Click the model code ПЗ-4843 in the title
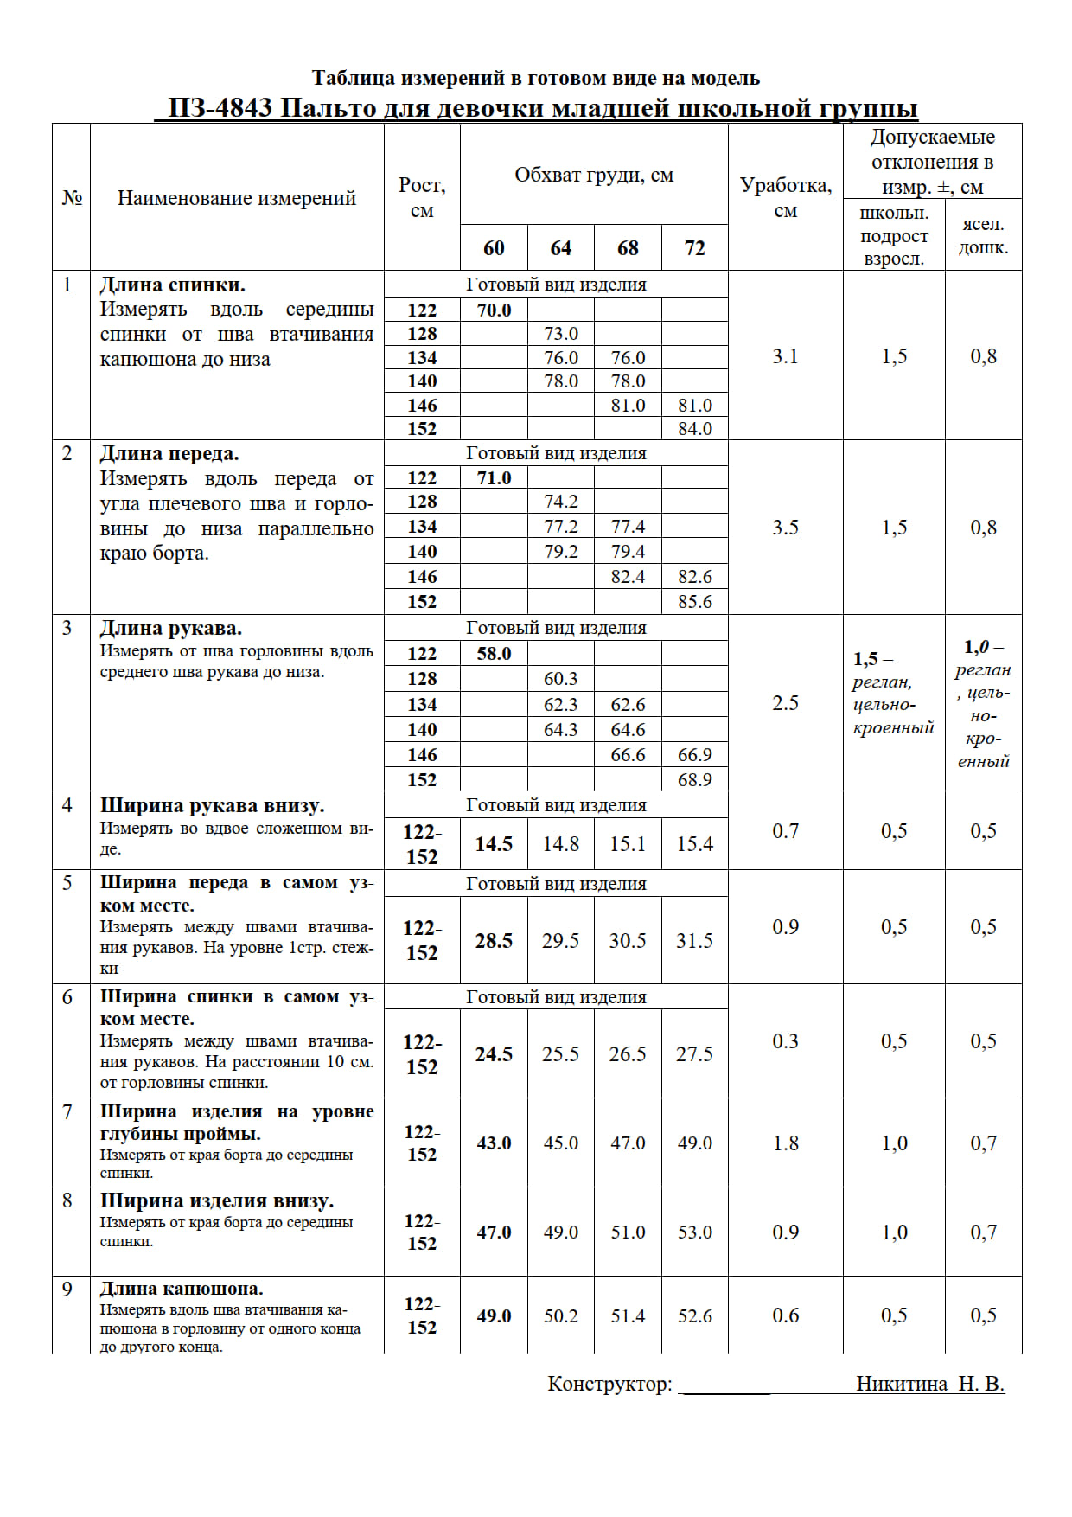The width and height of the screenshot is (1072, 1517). pos(220,108)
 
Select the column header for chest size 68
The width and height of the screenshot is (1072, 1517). pos(628,248)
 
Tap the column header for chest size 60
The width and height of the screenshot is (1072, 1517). pos(494,248)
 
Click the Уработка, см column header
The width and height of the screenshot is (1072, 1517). pos(785,197)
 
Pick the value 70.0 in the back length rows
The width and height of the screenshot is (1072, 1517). pos(494,310)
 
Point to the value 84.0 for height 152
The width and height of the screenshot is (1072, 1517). pos(694,429)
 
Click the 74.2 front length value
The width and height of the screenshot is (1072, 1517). pos(560,502)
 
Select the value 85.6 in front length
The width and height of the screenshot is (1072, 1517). pos(694,602)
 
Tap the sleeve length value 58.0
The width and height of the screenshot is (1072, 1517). pos(494,654)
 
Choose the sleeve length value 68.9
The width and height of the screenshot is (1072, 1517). pos(694,780)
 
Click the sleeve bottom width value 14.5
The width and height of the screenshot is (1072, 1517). pos(494,844)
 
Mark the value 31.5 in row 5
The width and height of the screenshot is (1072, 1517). pos(694,941)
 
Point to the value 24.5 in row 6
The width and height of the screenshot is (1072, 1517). pos(494,1054)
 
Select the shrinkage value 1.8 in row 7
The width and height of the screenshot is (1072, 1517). pos(785,1143)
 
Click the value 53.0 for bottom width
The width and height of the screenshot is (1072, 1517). pos(694,1232)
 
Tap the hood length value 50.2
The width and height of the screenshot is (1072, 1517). pos(560,1316)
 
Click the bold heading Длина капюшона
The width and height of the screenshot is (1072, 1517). pos(182,1289)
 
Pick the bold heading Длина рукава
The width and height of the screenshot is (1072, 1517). pos(171,629)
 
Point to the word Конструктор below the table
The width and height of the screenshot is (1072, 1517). pos(609,1384)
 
